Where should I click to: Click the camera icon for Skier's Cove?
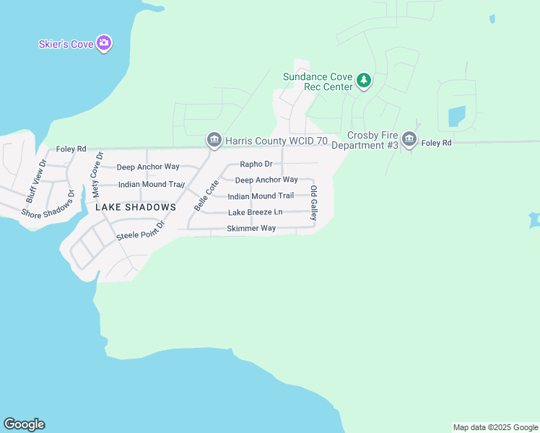(x=105, y=44)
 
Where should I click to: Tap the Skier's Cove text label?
(x=66, y=45)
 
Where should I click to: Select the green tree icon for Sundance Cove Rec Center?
(x=365, y=80)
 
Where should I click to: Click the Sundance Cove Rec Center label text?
(x=318, y=82)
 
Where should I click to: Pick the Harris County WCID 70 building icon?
(x=214, y=139)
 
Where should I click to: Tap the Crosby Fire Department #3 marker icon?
(x=409, y=139)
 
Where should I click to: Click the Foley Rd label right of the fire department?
(x=437, y=144)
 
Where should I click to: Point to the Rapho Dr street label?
(x=256, y=164)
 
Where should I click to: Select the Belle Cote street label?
(x=206, y=196)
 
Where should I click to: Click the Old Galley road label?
(x=314, y=203)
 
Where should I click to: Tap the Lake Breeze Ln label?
(x=255, y=212)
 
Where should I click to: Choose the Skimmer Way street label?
(x=251, y=228)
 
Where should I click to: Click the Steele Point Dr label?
(x=141, y=232)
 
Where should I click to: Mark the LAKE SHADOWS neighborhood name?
(x=136, y=207)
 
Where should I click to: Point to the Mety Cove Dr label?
(x=97, y=175)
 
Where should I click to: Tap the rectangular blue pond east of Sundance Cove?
(x=456, y=115)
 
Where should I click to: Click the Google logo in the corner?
(x=24, y=424)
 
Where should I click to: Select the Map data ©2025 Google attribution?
(x=495, y=427)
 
